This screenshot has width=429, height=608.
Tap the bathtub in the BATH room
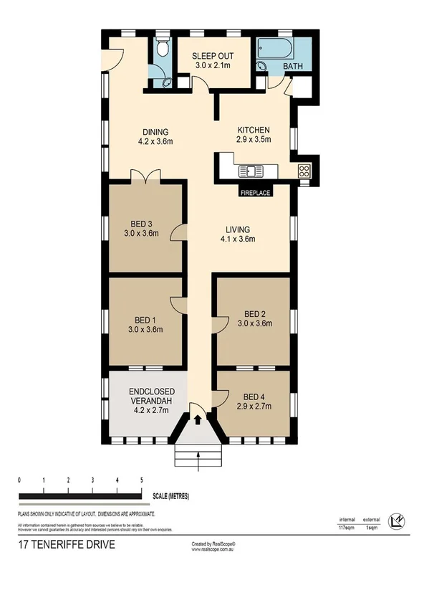pos(276,49)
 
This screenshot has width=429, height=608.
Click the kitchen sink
pos(251,171)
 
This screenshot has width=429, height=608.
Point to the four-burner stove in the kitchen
pos(304,171)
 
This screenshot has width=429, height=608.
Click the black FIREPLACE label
pos(255,192)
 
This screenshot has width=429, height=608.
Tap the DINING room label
pos(155,136)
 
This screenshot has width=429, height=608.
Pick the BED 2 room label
pos(254,318)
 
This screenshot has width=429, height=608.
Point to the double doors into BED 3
pos(148,176)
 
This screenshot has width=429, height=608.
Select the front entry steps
pos(198,456)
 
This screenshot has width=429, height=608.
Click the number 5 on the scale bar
pos(142,480)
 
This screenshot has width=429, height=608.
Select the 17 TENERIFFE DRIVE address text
pos(66,544)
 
